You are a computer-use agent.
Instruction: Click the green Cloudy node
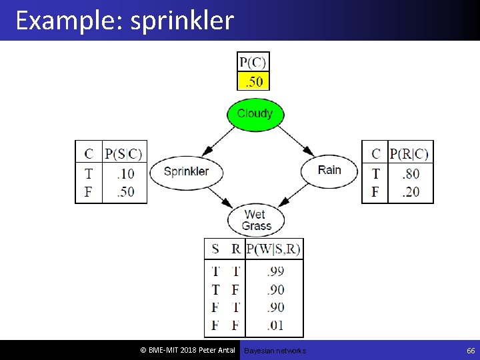pyautogui.click(x=255, y=113)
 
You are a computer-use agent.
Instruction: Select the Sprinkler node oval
pyautogui.click(x=186, y=171)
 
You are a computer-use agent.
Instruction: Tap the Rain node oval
pyautogui.click(x=329, y=171)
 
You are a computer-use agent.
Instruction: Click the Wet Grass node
pyautogui.click(x=256, y=220)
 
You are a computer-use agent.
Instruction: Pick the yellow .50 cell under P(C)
pyautogui.click(x=253, y=81)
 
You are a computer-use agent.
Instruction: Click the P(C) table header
pyautogui.click(x=253, y=63)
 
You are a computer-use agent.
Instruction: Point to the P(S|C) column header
pyautogui.click(x=124, y=154)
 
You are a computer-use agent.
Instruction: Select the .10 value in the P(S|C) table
pyautogui.click(x=124, y=174)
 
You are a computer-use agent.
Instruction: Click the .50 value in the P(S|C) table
pyautogui.click(x=124, y=192)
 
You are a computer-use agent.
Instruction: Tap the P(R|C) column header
pyautogui.click(x=409, y=154)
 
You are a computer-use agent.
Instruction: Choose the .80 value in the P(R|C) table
pyautogui.click(x=410, y=174)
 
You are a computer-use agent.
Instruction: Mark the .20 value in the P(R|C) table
pyautogui.click(x=410, y=192)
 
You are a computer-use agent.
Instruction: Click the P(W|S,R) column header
pyautogui.click(x=273, y=249)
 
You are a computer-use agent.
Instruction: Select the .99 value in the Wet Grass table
pyautogui.click(x=275, y=271)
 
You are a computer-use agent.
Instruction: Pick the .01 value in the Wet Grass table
pyautogui.click(x=275, y=325)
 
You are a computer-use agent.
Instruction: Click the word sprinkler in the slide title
pyautogui.click(x=182, y=21)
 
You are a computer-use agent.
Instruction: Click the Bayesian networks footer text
pyautogui.click(x=275, y=351)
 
